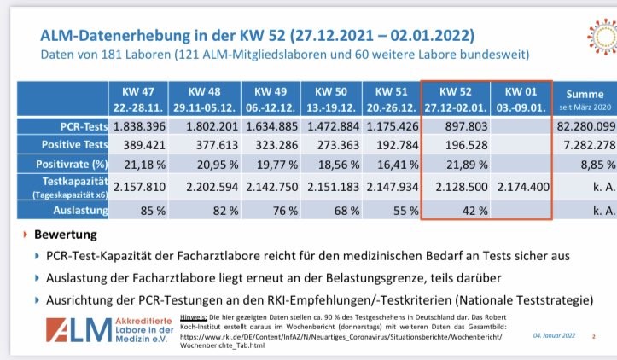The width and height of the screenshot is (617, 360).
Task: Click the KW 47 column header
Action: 137,96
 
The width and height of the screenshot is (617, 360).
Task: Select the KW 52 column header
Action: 455,96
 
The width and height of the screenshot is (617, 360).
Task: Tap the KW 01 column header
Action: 520,96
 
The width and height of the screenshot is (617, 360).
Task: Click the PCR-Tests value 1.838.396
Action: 137,126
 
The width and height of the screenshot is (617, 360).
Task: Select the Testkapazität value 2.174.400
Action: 521,186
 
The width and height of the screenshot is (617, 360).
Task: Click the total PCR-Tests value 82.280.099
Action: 585,126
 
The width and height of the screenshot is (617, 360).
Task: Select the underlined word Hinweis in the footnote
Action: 195,316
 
